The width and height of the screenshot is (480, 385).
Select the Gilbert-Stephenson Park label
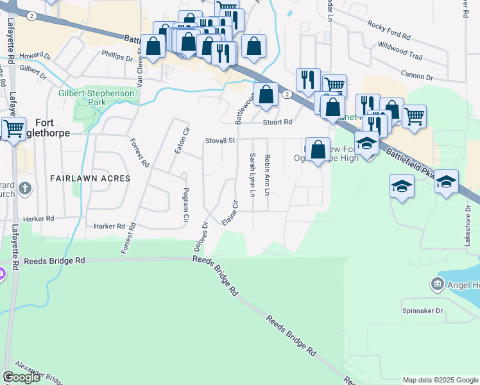point(96,98)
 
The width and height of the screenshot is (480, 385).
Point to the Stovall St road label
point(221,141)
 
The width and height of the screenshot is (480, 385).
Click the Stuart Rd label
point(277,121)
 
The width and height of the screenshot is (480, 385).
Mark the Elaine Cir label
point(230,212)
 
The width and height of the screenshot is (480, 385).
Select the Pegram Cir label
point(186,205)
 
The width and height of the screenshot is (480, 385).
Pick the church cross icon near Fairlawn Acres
point(24,188)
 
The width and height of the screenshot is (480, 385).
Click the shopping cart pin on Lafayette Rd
point(13,127)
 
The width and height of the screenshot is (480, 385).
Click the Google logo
point(21,377)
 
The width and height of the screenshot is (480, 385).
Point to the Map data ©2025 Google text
point(440,380)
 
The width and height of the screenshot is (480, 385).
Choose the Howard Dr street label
point(35,56)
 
